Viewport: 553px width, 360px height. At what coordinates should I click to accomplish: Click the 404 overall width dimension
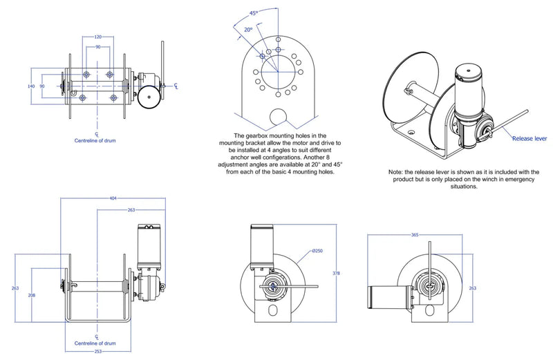pyautogui.click(x=113, y=198)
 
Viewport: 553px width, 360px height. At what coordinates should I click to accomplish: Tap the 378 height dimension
pyautogui.click(x=337, y=274)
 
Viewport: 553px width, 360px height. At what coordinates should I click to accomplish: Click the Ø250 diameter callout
pyautogui.click(x=317, y=251)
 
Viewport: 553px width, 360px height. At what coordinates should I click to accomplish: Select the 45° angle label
pyautogui.click(x=254, y=13)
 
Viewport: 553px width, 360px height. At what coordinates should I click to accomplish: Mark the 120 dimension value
pyautogui.click(x=97, y=37)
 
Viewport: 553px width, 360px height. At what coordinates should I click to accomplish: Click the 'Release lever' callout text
pyautogui.click(x=530, y=139)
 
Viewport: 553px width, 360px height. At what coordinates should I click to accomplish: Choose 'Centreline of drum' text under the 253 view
pyautogui.click(x=95, y=343)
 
